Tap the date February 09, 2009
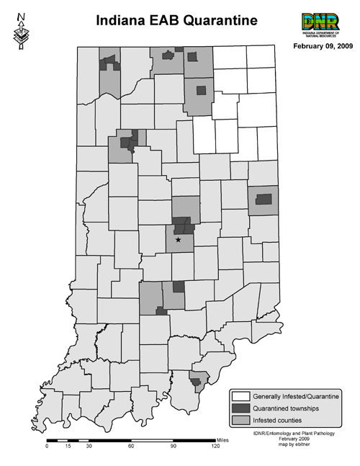pyautogui.click(x=322, y=47)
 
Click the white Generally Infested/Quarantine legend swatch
pyautogui.click(x=241, y=396)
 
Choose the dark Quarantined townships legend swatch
pyautogui.click(x=241, y=408)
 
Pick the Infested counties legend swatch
pyautogui.click(x=241, y=419)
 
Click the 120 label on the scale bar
pyautogui.click(x=215, y=447)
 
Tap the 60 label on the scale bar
pyautogui.click(x=131, y=447)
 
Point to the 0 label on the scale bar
pyautogui.click(x=47, y=447)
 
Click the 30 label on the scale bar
pyautogui.click(x=89, y=447)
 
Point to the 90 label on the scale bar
pyautogui.click(x=173, y=447)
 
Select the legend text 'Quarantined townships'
pyautogui.click(x=287, y=408)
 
